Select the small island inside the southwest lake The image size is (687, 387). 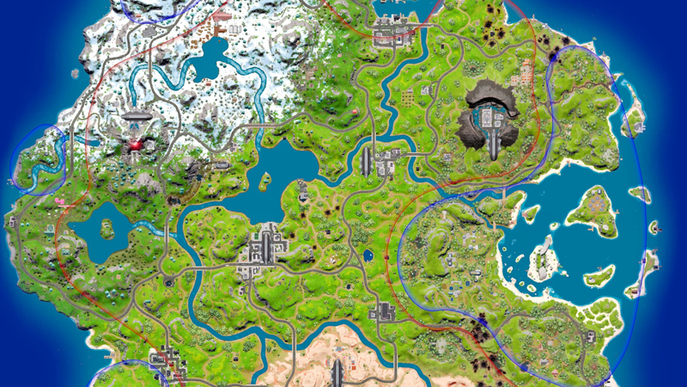pos(107,228)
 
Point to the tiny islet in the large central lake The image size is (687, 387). pos(264,181)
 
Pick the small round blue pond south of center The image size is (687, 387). pos(368,255)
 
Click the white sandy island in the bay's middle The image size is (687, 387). pos(543,258)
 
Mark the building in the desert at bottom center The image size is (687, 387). pos(337,372)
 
